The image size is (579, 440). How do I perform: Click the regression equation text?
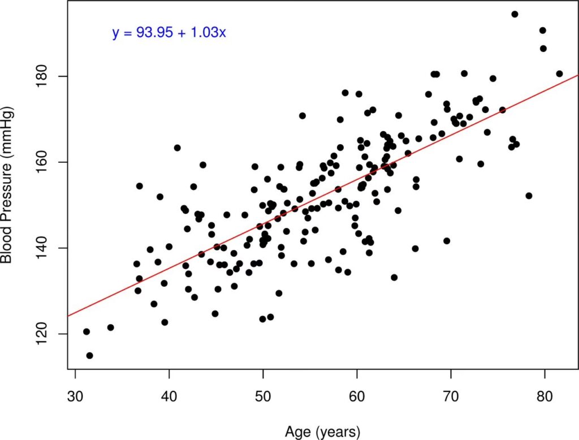[169, 33]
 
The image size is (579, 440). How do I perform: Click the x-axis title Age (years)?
[322, 432]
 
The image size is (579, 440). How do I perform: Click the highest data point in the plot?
[515, 14]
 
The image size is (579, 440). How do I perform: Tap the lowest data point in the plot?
[89, 356]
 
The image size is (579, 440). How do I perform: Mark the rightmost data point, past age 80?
[559, 74]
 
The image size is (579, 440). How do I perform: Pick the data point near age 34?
[110, 327]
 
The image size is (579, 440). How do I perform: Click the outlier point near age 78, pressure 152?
[529, 196]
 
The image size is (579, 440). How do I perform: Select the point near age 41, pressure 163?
[177, 148]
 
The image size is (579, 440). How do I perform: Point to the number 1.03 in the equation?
[211, 33]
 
